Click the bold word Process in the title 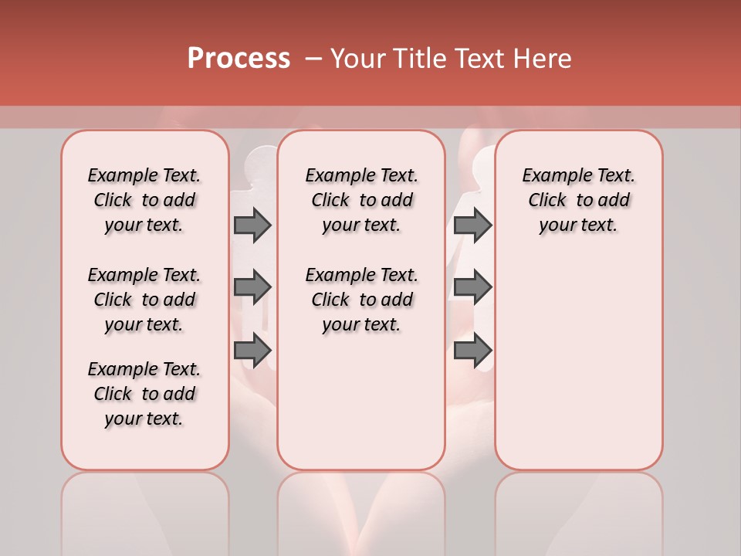click(x=239, y=59)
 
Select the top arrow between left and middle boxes click(x=252, y=225)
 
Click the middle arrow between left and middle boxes click(x=252, y=288)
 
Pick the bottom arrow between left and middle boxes click(x=252, y=350)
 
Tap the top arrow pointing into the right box click(x=472, y=225)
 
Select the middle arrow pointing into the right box click(x=472, y=288)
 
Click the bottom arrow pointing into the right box click(x=472, y=350)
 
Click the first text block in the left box click(x=144, y=200)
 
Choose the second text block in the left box click(x=144, y=300)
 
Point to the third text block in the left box click(x=144, y=394)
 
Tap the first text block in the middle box click(x=361, y=200)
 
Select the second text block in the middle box click(x=361, y=300)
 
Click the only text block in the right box click(x=578, y=200)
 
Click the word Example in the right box click(x=550, y=175)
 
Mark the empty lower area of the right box click(x=578, y=355)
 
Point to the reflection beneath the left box click(x=145, y=510)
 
